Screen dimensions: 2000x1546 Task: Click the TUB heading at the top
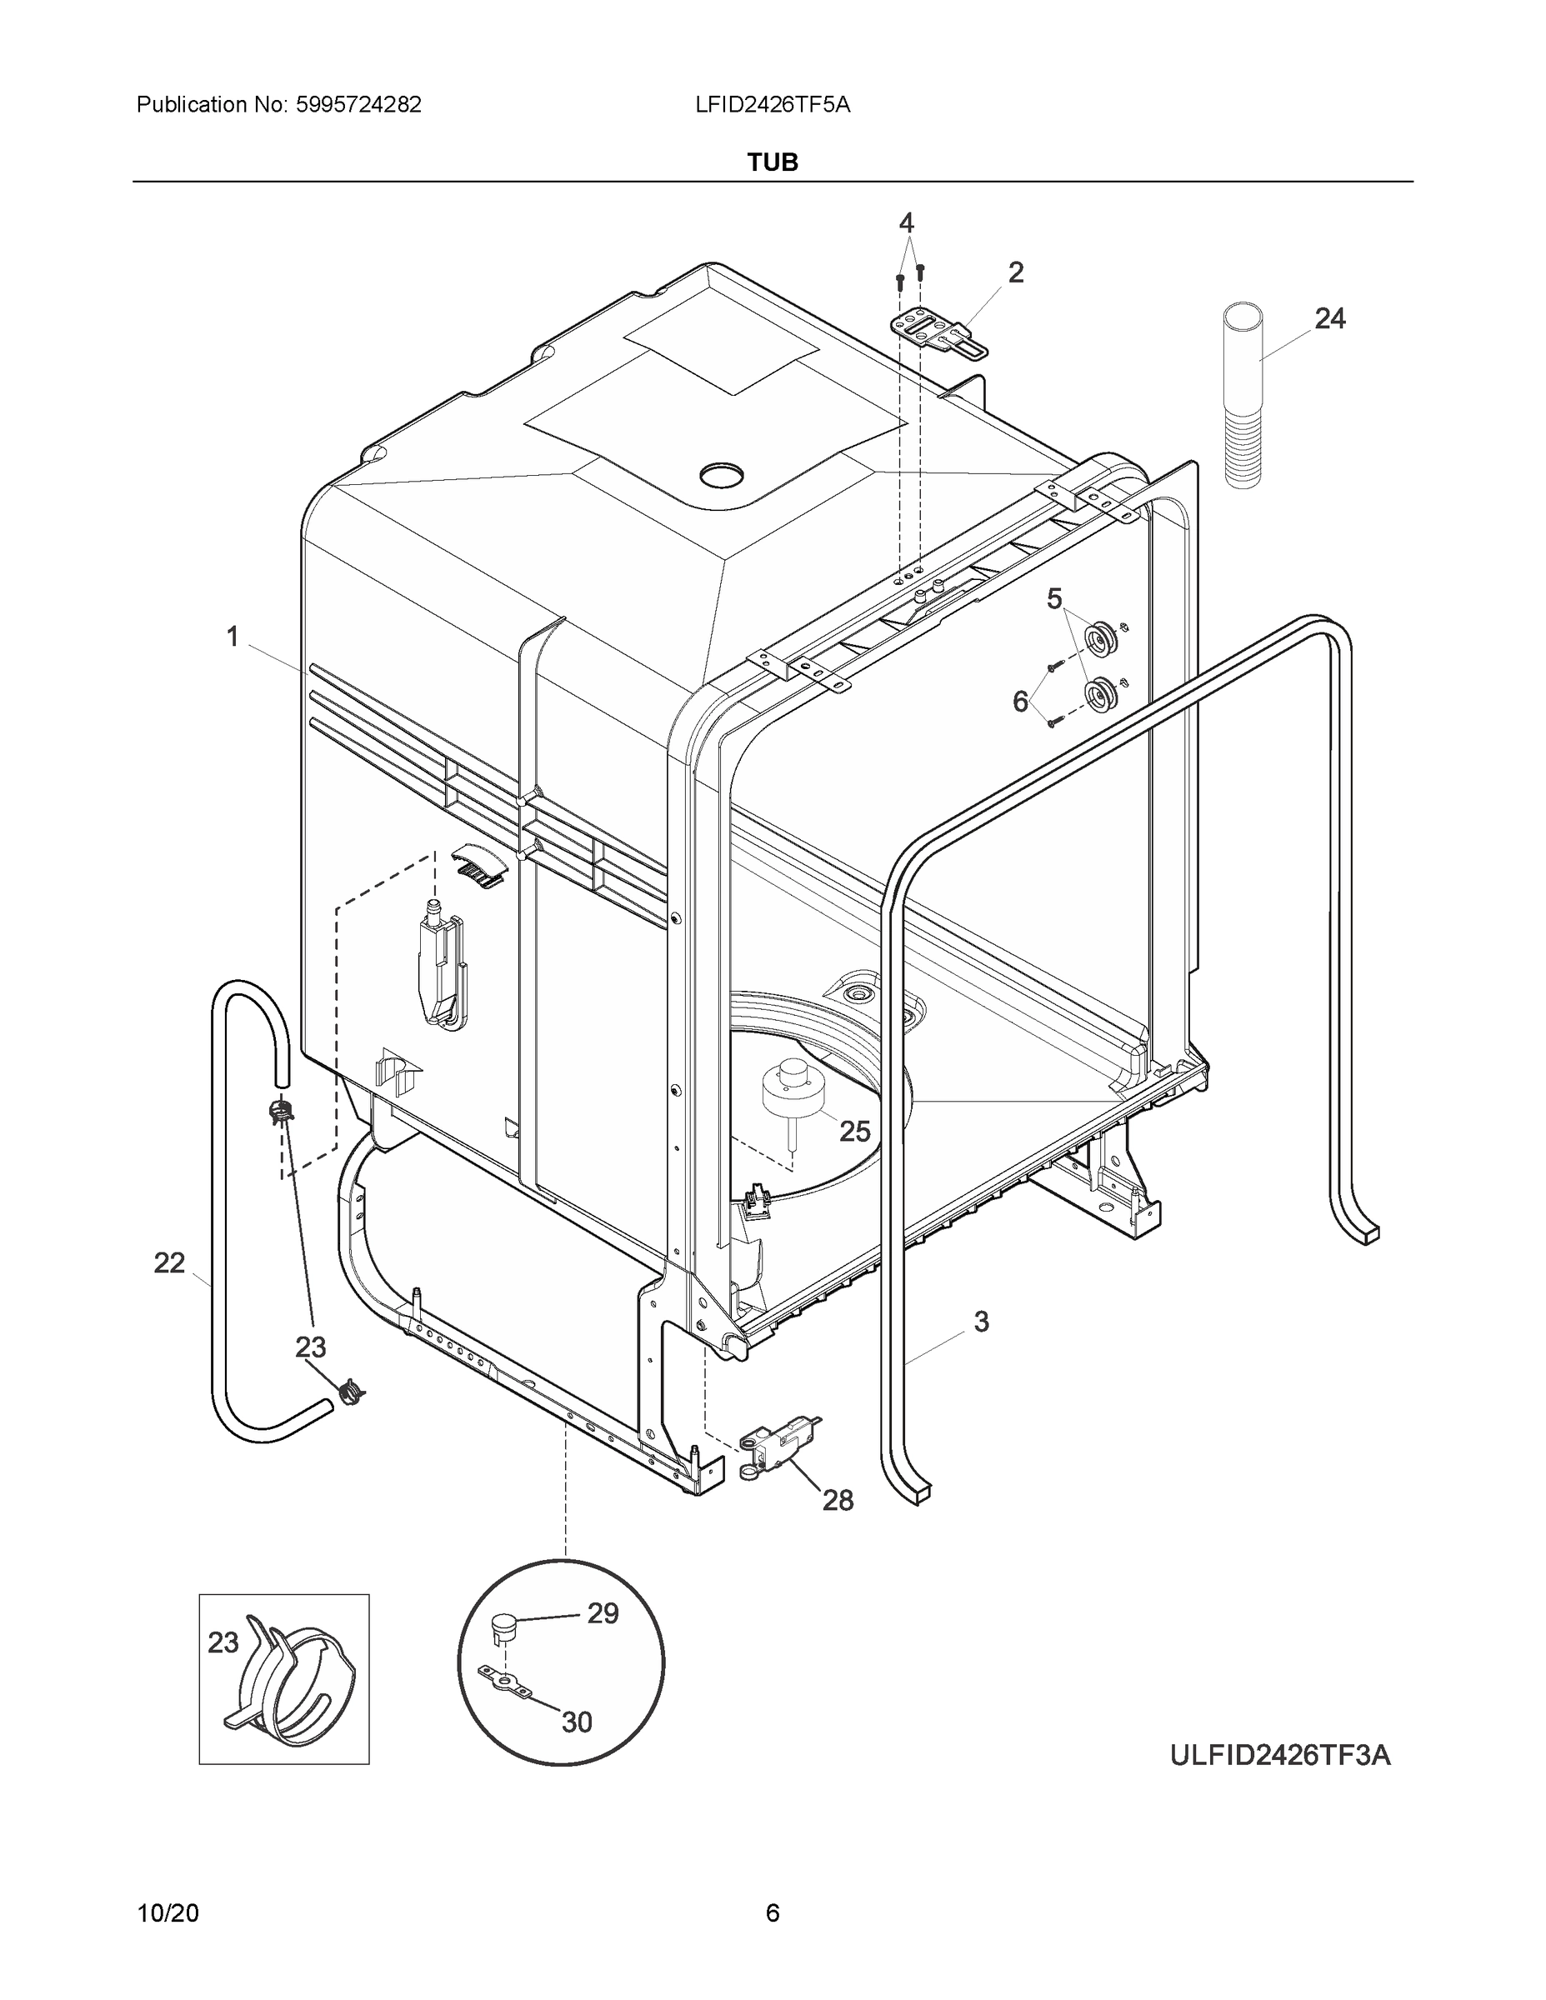(x=772, y=162)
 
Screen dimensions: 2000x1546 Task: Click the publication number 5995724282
(x=358, y=104)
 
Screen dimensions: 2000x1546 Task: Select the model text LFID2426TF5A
(x=772, y=104)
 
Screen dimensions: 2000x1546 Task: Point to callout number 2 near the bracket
(x=1016, y=272)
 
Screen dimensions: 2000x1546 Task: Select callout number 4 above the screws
(x=906, y=222)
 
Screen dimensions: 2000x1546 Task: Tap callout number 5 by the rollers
(x=1054, y=599)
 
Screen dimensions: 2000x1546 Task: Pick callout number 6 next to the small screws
(x=1020, y=702)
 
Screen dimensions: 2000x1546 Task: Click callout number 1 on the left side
(x=233, y=636)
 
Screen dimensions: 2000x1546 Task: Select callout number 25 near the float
(x=854, y=1131)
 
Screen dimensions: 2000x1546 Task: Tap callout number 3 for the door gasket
(x=981, y=1322)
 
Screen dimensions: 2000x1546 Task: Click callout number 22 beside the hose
(x=169, y=1262)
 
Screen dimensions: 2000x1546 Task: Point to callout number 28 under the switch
(x=837, y=1500)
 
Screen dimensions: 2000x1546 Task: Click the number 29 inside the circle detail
(x=603, y=1612)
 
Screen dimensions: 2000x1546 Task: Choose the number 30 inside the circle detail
(x=576, y=1722)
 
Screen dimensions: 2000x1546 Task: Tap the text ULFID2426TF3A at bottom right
(x=1279, y=1756)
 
